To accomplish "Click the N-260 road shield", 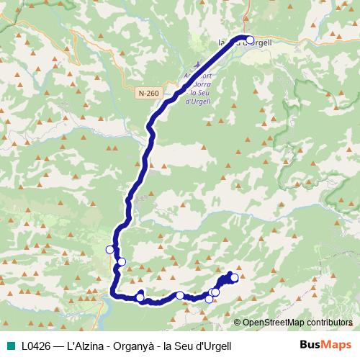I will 148,93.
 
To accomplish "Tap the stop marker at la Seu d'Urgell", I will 250,40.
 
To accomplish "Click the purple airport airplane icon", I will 199,63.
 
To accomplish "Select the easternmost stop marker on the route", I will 234,278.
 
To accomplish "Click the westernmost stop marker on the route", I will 110,250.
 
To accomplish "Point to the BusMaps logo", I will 325,345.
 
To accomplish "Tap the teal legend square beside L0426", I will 9,346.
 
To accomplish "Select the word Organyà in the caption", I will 132,346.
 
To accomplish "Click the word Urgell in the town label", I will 259,42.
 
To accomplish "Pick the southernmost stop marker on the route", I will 210,299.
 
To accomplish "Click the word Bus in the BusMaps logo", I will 312,345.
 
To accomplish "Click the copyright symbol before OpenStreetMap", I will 238,323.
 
